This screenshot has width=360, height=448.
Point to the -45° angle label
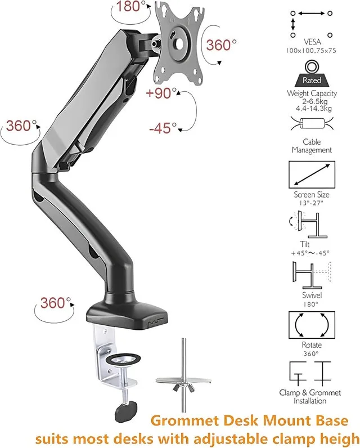tap(163, 128)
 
